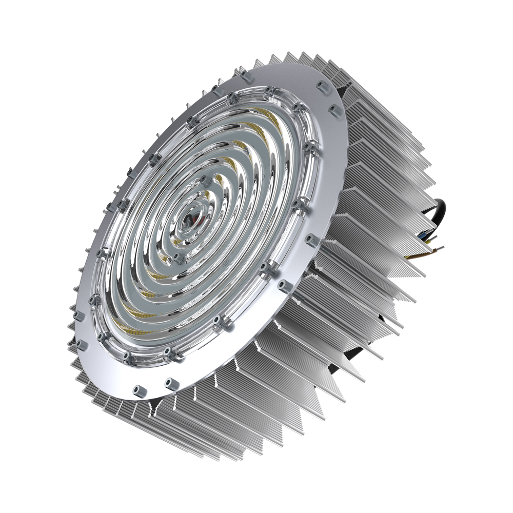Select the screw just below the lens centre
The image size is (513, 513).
pos(177,256)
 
